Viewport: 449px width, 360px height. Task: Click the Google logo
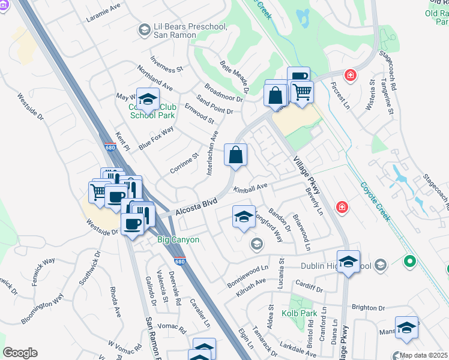coord(20,353)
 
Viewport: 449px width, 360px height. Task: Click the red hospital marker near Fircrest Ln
coord(349,76)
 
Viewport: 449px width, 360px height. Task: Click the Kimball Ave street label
coord(250,188)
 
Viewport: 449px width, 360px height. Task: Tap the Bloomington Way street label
coord(43,308)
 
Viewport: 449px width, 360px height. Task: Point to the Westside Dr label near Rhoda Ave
coord(103,231)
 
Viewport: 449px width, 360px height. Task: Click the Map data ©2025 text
coord(423,355)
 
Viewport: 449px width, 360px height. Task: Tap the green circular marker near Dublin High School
coord(410,262)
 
